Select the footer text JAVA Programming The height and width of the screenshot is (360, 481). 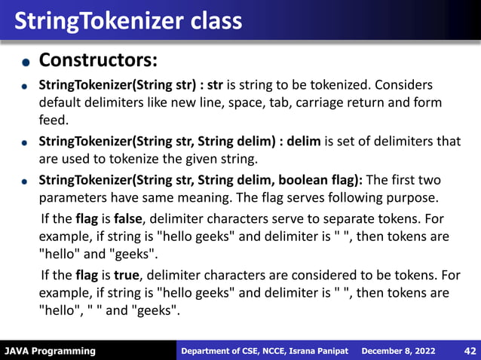pos(50,351)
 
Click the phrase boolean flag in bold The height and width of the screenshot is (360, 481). pos(323,181)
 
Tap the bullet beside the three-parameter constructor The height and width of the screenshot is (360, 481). pos(25,182)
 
